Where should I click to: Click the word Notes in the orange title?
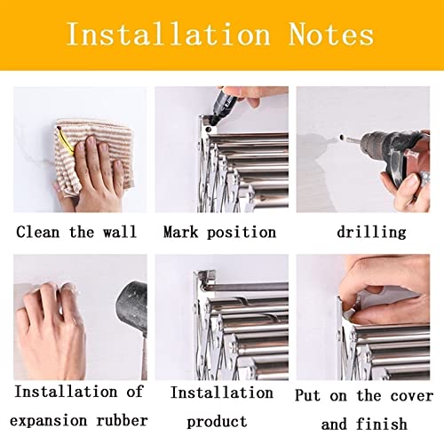[x=330, y=35]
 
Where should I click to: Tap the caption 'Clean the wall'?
[x=76, y=232]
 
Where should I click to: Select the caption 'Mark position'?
[x=219, y=232]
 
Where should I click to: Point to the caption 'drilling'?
[x=371, y=232]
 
